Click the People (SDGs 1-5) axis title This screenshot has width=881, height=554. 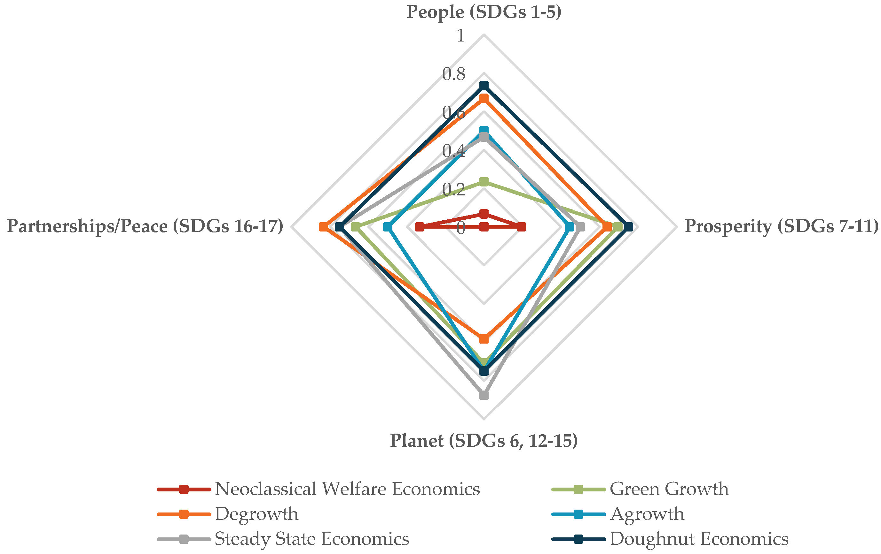click(x=484, y=12)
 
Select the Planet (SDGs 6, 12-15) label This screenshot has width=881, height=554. click(x=484, y=441)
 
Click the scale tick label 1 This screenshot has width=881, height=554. click(x=460, y=36)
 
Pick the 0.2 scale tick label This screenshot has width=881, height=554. click(x=454, y=190)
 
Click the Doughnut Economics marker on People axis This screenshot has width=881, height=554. click(x=484, y=86)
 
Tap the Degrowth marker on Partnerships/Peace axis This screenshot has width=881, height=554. click(x=323, y=227)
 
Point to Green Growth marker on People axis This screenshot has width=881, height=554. click(x=484, y=182)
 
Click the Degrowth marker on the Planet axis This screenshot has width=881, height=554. click(x=484, y=339)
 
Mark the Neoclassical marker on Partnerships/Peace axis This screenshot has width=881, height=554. click(x=420, y=227)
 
